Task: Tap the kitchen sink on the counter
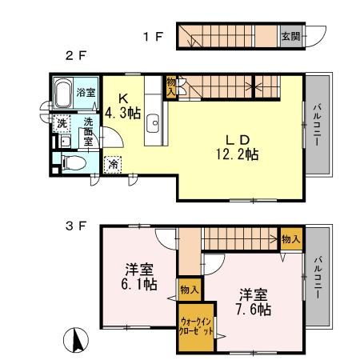[154, 126]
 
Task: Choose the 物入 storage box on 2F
[170, 86]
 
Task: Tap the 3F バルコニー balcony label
[318, 277]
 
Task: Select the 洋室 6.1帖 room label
[138, 276]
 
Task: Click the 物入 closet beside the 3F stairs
[291, 238]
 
